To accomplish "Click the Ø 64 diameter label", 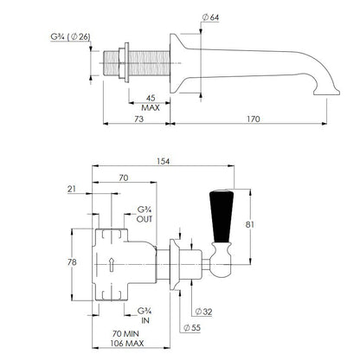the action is pyautogui.click(x=210, y=17).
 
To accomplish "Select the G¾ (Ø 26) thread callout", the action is pyautogui.click(x=70, y=37).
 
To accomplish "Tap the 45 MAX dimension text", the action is pyautogui.click(x=151, y=103).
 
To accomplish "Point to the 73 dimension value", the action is pyautogui.click(x=139, y=119).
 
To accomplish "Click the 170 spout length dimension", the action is pyautogui.click(x=254, y=119).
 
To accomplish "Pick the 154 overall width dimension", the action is pyautogui.click(x=163, y=161).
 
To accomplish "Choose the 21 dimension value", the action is pyautogui.click(x=72, y=189).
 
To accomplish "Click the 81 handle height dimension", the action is pyautogui.click(x=250, y=224).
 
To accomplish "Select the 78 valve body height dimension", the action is pyautogui.click(x=72, y=262).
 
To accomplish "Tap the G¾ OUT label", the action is pyautogui.click(x=145, y=214).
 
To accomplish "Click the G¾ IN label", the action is pyautogui.click(x=145, y=315).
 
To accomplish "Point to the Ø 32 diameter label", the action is pyautogui.click(x=203, y=312).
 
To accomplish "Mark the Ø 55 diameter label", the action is pyautogui.click(x=192, y=328).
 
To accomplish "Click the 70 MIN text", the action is pyautogui.click(x=125, y=334).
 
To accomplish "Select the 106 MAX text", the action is pyautogui.click(x=126, y=344).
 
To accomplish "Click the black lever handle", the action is pyautogui.click(x=222, y=216).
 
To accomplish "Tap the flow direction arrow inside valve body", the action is pyautogui.click(x=111, y=264).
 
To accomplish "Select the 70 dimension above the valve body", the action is pyautogui.click(x=124, y=177).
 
